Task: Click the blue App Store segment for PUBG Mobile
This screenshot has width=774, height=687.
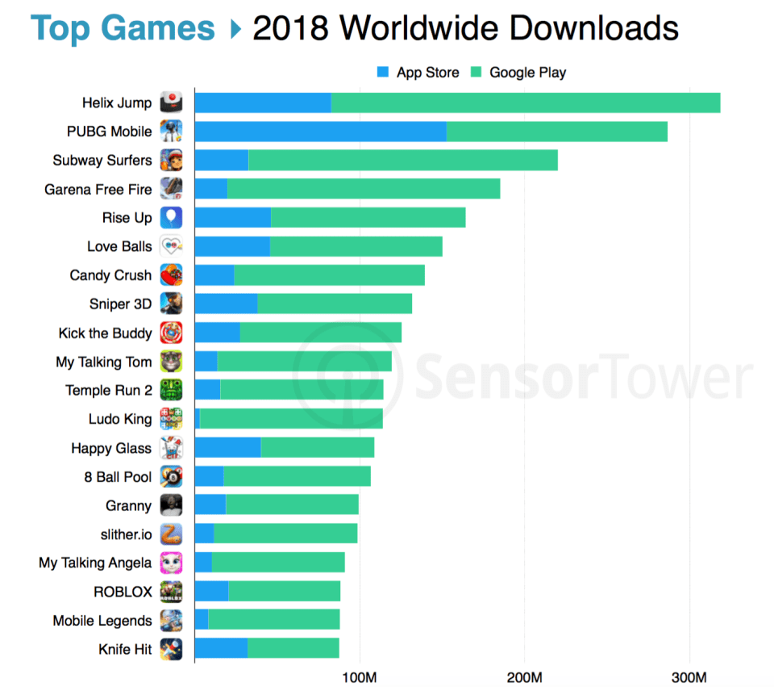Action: (x=320, y=131)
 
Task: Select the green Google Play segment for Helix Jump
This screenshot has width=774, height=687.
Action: (x=525, y=103)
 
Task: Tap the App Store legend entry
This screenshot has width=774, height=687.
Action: (x=418, y=73)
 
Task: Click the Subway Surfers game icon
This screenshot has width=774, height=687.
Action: (x=171, y=160)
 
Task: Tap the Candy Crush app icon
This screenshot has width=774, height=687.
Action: (x=171, y=275)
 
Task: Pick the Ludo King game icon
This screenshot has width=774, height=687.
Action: (x=171, y=419)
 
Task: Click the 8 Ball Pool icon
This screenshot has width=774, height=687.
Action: (x=171, y=477)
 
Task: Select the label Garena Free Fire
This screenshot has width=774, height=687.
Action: (x=98, y=189)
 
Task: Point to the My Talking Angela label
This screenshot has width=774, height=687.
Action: (x=95, y=563)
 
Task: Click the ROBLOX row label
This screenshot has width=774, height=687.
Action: (x=123, y=592)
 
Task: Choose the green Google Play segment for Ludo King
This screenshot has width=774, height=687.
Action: (x=291, y=419)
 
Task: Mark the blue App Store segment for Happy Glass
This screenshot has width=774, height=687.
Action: (x=227, y=447)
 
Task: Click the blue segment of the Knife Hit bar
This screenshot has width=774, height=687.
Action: (x=221, y=648)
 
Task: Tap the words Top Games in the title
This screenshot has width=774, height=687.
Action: (x=123, y=29)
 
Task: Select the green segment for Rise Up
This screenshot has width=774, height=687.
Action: (x=368, y=217)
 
